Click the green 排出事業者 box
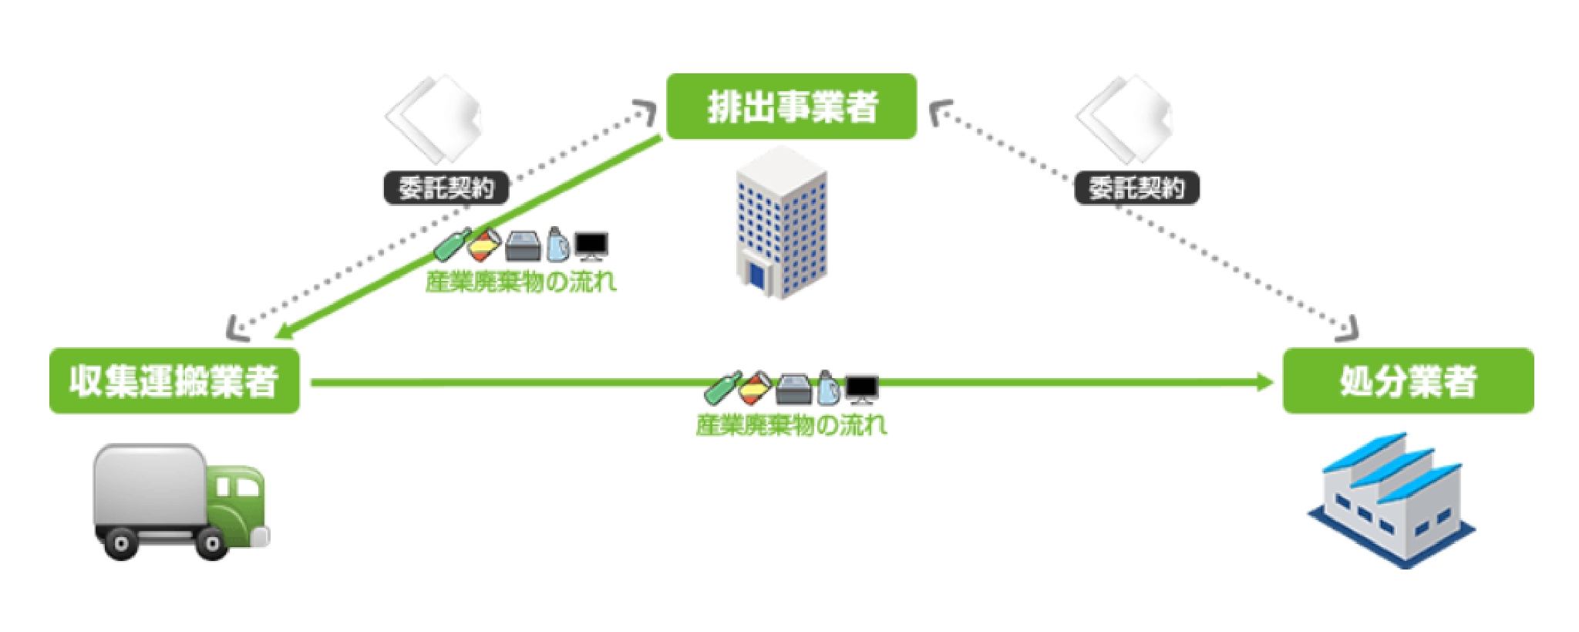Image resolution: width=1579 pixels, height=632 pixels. tap(791, 106)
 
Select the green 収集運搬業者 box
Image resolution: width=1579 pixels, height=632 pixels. tap(174, 380)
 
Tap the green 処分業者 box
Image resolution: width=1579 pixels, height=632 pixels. tap(1408, 380)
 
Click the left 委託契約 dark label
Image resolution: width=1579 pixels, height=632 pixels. tap(446, 188)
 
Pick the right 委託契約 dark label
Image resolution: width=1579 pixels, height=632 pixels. tap(1136, 188)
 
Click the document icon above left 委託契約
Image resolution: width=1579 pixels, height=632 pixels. tap(434, 119)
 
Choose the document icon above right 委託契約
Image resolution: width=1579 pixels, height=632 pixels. tap(1125, 119)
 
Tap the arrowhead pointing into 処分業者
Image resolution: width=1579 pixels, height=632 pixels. tap(1264, 381)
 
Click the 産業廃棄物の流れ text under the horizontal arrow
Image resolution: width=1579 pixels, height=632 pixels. tap(791, 424)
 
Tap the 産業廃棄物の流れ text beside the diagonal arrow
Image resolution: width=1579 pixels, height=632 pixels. tap(521, 282)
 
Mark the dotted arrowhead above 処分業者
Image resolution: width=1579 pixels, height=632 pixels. tap(1348, 330)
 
